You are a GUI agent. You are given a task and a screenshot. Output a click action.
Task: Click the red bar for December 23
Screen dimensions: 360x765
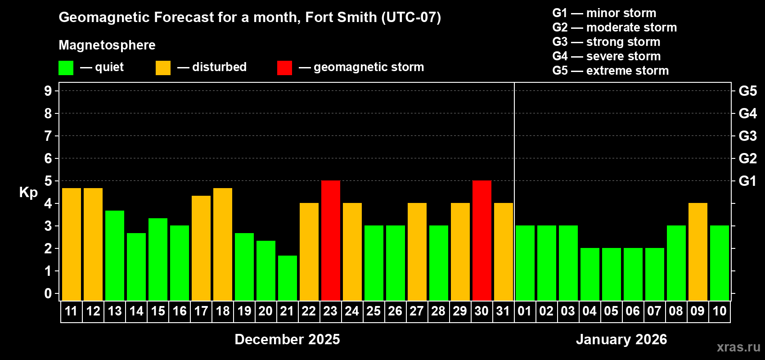(x=331, y=240)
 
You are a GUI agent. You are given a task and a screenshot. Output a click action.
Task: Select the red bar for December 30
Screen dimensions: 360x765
(x=482, y=240)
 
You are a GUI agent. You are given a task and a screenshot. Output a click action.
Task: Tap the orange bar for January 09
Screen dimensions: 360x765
(x=698, y=252)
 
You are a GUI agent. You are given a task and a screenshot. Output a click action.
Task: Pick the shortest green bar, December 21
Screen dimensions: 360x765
(x=288, y=278)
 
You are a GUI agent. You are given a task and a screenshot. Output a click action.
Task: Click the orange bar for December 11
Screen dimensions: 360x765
(x=72, y=244)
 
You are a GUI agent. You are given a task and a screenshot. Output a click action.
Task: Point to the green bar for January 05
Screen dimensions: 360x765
(x=612, y=274)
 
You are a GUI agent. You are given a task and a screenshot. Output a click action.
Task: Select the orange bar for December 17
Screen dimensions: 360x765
(x=201, y=248)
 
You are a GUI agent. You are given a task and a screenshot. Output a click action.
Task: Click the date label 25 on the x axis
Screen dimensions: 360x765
(x=373, y=311)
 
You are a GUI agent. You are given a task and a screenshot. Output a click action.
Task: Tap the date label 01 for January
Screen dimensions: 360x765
(x=525, y=311)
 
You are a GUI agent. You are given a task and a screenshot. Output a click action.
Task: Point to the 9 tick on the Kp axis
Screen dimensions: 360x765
(x=48, y=91)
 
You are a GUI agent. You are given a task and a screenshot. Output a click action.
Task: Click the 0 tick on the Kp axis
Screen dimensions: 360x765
(x=48, y=293)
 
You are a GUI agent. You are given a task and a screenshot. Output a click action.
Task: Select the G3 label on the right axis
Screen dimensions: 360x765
(x=747, y=136)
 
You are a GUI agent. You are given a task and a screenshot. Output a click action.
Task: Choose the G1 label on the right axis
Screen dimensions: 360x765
(x=747, y=181)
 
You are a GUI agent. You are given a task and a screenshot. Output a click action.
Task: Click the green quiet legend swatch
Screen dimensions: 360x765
(x=66, y=68)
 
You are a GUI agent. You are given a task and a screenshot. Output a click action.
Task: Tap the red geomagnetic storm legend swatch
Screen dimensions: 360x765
(x=284, y=68)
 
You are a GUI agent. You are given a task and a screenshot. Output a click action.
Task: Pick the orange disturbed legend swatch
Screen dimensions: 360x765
(x=163, y=68)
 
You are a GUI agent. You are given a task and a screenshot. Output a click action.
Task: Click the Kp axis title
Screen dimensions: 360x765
(x=28, y=193)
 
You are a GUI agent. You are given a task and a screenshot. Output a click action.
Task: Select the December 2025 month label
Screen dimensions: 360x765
(x=287, y=339)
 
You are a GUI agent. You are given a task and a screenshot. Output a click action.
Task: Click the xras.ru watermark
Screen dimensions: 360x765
(x=738, y=347)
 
